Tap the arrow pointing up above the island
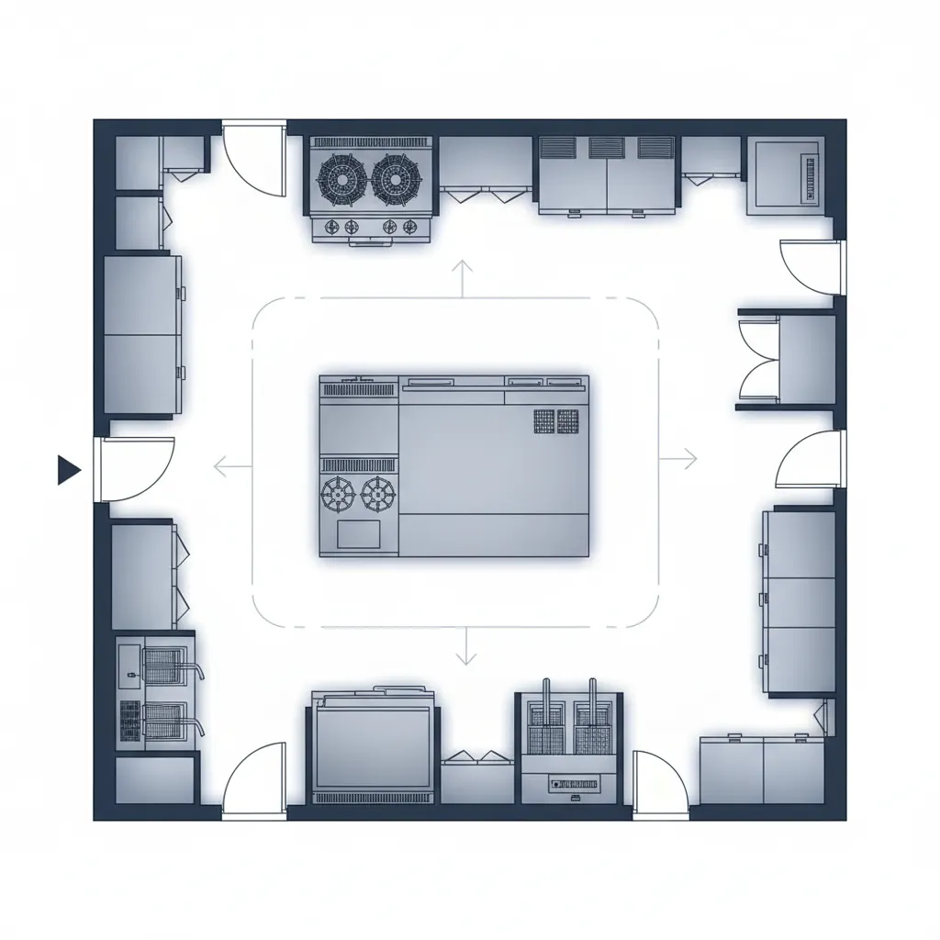coord(462,277)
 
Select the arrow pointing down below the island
coord(467,646)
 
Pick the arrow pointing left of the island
coord(232,467)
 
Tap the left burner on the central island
coord(338,494)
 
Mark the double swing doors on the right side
coord(760,358)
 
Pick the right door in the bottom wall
coord(659,785)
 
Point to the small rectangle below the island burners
coord(359,533)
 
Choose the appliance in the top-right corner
coord(784,175)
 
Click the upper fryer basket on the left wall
coord(165,663)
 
